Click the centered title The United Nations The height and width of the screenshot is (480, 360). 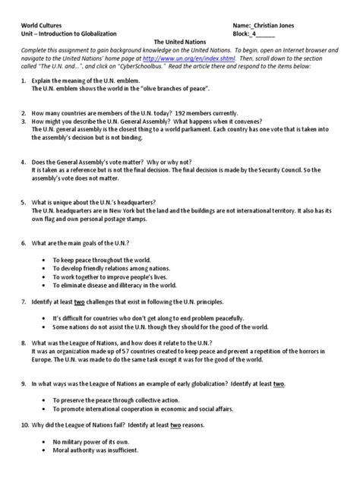coord(180,43)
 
